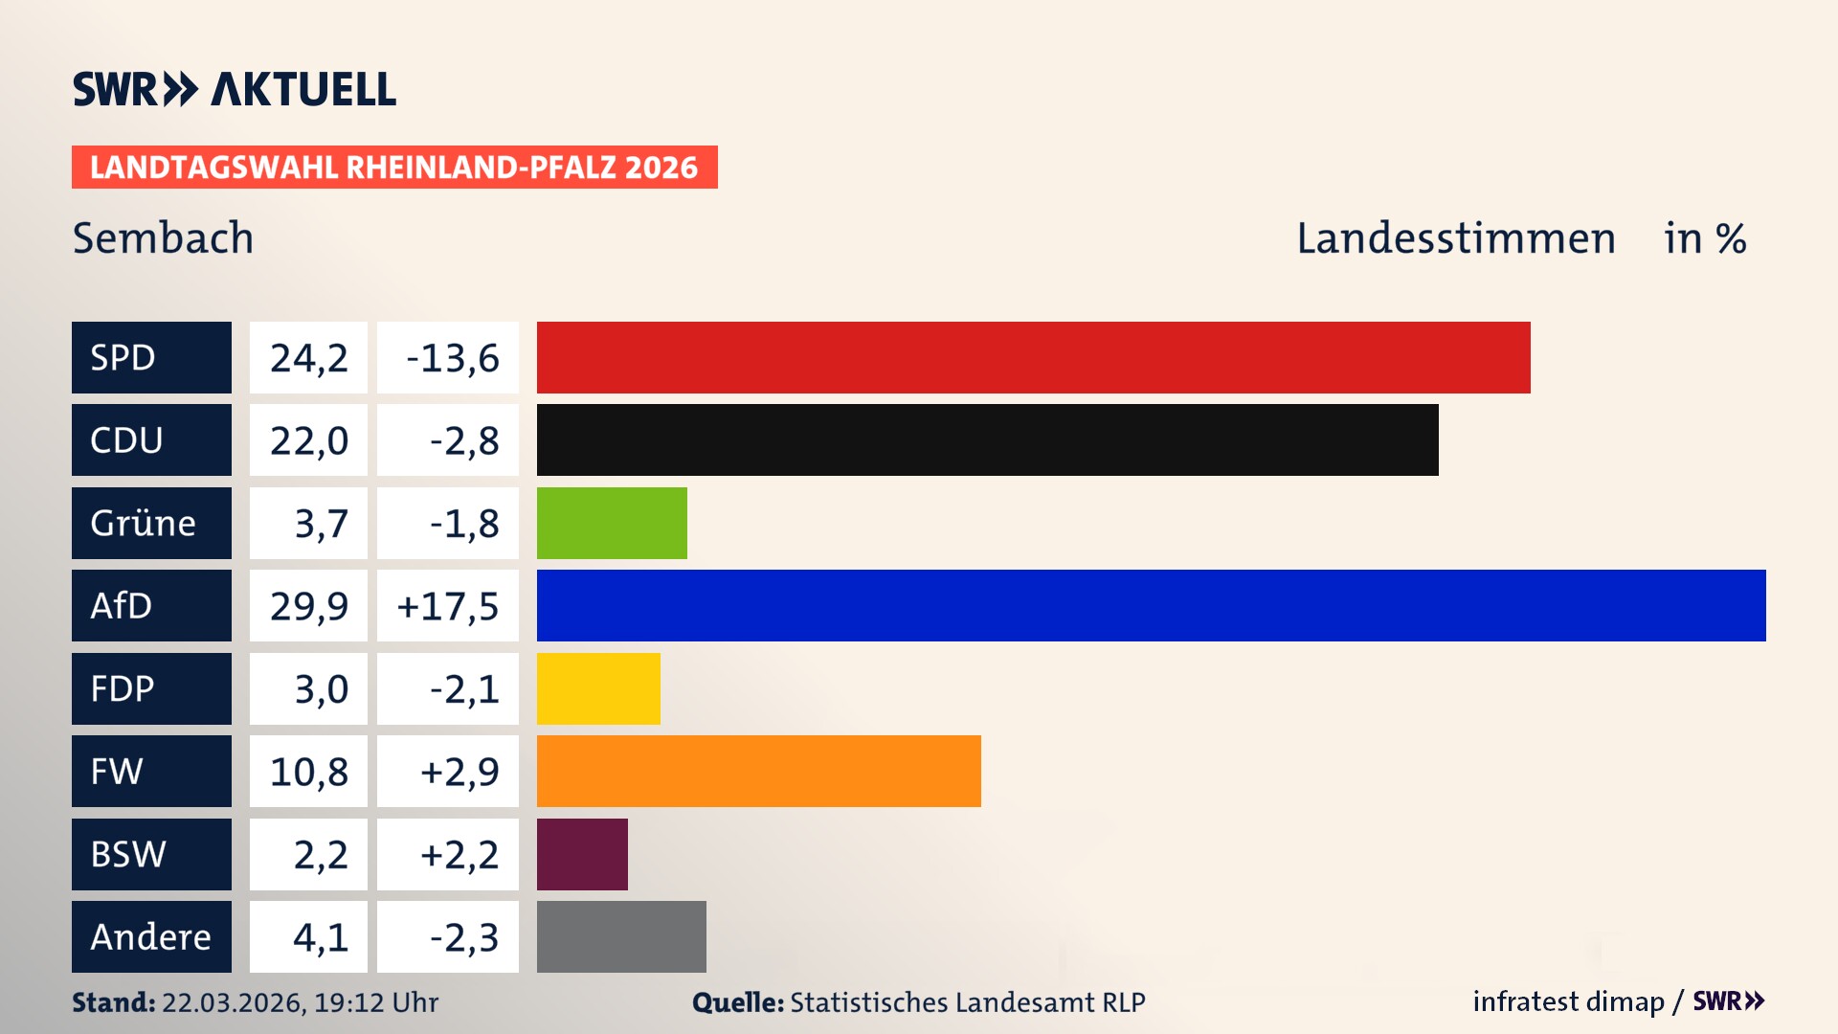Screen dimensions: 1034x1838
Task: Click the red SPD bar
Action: click(1033, 357)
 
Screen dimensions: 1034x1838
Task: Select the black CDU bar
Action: click(987, 439)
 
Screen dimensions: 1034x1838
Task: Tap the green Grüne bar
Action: click(612, 523)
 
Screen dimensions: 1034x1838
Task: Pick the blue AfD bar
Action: click(1151, 605)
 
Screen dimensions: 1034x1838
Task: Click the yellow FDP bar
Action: click(598, 688)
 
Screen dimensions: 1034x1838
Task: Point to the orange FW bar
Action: click(758, 771)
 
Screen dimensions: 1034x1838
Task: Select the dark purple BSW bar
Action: click(582, 854)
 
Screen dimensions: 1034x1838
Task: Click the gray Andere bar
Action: click(621, 936)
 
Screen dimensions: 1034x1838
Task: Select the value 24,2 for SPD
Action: click(308, 357)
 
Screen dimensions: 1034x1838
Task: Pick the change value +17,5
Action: click(448, 605)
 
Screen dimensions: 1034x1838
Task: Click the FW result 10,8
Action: click(308, 771)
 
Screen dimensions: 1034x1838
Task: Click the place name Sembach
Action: click(163, 237)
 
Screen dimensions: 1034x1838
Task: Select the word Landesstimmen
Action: click(1455, 237)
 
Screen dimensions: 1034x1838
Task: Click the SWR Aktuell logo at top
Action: click(234, 89)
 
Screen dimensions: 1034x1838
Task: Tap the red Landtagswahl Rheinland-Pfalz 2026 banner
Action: click(394, 167)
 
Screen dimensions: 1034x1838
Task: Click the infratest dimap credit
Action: click(1567, 1001)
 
